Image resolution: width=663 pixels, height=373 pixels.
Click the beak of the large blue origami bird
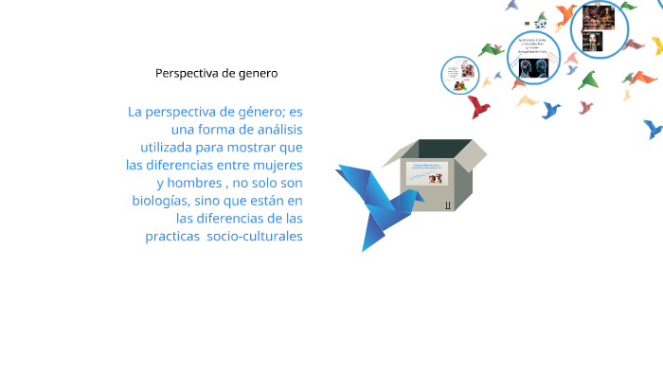[x=338, y=169]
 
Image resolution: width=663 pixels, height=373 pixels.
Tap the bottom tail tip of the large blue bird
[x=365, y=249]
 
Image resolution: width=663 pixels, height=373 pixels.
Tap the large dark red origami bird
[x=478, y=106]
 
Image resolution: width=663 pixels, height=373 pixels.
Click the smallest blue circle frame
[x=459, y=76]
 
